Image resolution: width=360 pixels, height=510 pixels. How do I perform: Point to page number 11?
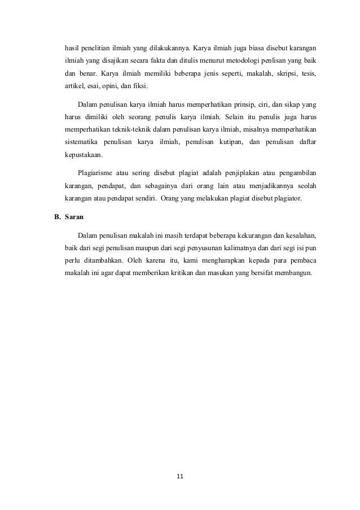[x=180, y=477]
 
